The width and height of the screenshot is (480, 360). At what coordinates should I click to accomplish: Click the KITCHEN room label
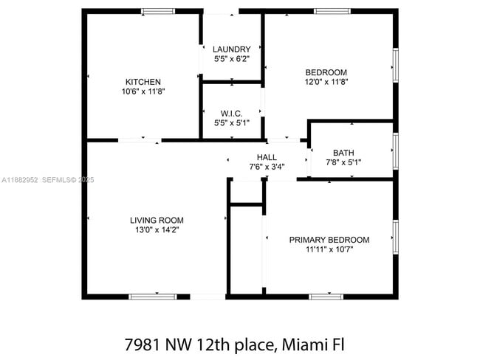click(x=143, y=82)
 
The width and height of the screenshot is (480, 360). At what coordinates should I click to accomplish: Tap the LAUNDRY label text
click(x=231, y=49)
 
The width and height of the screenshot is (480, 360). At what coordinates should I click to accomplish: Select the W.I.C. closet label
click(x=231, y=114)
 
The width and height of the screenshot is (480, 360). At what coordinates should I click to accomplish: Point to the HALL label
click(x=267, y=157)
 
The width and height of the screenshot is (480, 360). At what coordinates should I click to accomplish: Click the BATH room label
click(x=343, y=153)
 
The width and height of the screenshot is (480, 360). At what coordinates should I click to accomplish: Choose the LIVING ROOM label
click(x=157, y=220)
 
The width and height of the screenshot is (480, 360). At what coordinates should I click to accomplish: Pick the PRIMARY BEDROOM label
click(x=329, y=240)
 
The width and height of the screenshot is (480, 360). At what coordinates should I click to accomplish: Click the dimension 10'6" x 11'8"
click(x=143, y=91)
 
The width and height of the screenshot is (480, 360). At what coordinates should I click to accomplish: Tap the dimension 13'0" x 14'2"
click(x=157, y=230)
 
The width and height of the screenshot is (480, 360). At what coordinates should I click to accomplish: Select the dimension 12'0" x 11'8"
click(x=326, y=82)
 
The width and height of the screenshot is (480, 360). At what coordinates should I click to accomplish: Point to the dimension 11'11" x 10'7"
click(x=329, y=249)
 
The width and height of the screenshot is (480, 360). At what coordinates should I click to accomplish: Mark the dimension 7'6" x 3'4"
click(x=267, y=167)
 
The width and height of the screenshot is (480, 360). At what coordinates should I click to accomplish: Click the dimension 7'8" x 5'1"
click(x=343, y=162)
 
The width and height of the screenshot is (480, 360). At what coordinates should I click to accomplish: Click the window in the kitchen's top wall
click(x=159, y=11)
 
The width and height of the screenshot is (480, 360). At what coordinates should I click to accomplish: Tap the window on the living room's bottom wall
click(x=153, y=297)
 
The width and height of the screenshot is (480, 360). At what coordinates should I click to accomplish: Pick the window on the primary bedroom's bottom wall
click(x=326, y=297)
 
